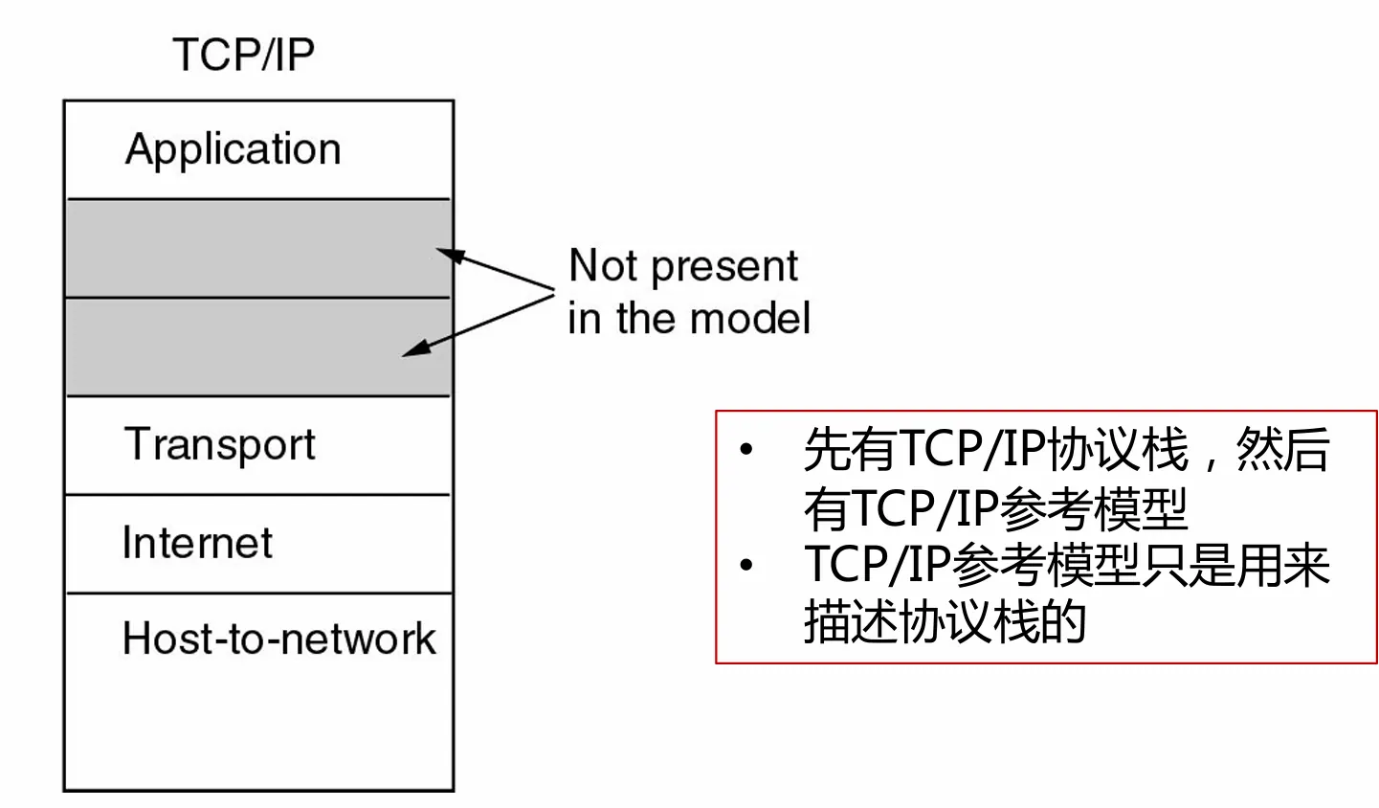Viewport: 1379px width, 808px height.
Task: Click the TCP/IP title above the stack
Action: coord(243,55)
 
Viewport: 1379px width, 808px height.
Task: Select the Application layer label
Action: coord(233,150)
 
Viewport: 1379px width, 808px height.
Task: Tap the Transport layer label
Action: coord(219,445)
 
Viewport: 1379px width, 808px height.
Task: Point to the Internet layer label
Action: coord(197,543)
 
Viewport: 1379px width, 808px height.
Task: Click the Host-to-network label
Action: coord(278,639)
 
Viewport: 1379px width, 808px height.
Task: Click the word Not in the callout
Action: coord(603,265)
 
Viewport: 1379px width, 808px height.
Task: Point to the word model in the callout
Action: coord(755,318)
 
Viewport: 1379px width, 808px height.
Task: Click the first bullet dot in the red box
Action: coord(746,449)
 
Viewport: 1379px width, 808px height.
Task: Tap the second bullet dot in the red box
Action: coord(746,565)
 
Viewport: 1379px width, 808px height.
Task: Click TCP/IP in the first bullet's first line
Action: coord(972,449)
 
